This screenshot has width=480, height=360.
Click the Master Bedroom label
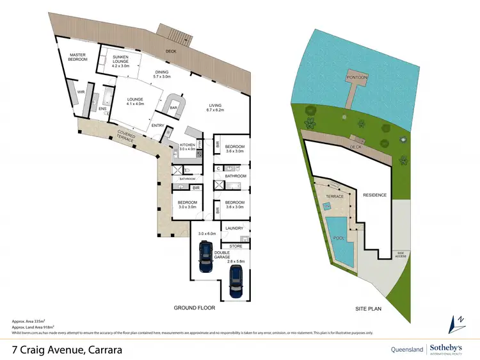coord(78,57)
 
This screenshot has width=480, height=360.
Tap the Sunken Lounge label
coord(120,60)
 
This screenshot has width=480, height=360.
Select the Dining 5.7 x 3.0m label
coord(162,74)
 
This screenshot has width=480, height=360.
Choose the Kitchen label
coord(187,147)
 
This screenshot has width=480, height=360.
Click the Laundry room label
coord(232,228)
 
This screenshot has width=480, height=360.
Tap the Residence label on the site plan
coord(375,195)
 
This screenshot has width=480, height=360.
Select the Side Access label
coord(401,254)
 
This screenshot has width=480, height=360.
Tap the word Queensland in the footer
coord(407,350)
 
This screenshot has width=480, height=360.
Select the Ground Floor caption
coord(195,308)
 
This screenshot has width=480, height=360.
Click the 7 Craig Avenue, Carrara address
coord(67,350)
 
